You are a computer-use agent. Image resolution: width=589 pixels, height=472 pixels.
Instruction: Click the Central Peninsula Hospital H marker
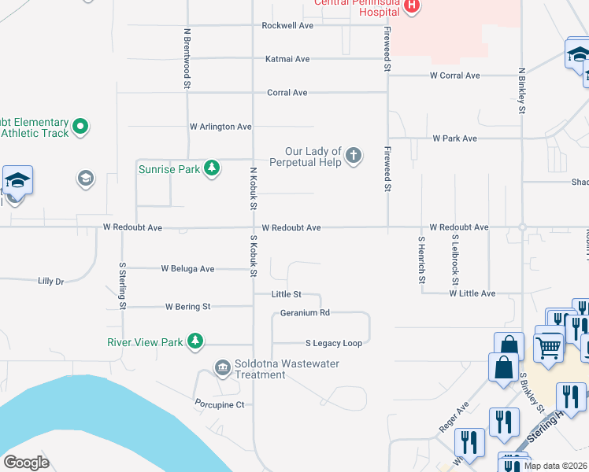[x=410, y=6]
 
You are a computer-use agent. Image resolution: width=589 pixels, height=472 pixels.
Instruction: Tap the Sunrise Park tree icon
[x=211, y=168]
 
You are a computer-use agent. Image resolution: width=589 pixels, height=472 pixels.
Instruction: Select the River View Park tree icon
[x=195, y=341]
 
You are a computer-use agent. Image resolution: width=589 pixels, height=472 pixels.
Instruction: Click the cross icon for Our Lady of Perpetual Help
[x=354, y=156]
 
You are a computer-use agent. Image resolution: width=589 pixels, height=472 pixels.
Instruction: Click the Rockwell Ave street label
[x=287, y=25]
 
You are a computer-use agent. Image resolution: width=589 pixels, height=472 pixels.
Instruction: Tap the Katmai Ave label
[x=287, y=58]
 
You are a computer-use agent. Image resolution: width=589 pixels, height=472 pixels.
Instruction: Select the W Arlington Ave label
[x=220, y=126]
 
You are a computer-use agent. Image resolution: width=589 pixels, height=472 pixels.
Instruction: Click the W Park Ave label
[x=454, y=138]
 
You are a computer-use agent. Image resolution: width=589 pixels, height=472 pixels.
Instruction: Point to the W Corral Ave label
[x=454, y=76]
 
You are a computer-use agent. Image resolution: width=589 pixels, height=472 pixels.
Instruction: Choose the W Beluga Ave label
[x=187, y=268]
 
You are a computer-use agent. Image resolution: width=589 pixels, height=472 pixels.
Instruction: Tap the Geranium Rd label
[x=305, y=312]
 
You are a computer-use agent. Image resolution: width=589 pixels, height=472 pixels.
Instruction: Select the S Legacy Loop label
[x=334, y=343]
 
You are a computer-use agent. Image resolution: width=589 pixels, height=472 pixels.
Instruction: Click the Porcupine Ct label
[x=220, y=404]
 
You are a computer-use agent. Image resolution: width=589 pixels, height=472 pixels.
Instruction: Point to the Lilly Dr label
[x=50, y=280]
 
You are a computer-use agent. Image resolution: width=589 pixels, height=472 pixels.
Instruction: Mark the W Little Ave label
[x=472, y=293]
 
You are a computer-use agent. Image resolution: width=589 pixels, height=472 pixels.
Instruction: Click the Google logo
[x=26, y=463]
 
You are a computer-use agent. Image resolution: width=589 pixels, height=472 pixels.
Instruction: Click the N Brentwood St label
[x=187, y=59]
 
